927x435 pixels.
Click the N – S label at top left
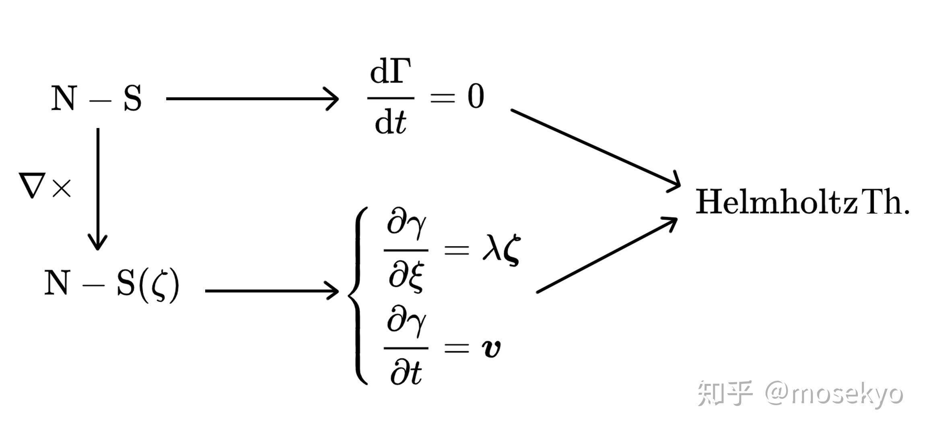tap(97, 98)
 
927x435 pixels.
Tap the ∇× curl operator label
tap(45, 186)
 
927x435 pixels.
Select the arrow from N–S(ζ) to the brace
tap(272, 290)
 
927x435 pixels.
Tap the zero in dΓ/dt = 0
tap(475, 97)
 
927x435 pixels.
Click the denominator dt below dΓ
tap(390, 122)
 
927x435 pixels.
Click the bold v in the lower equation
tap(491, 348)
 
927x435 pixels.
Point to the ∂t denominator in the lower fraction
tap(406, 373)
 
